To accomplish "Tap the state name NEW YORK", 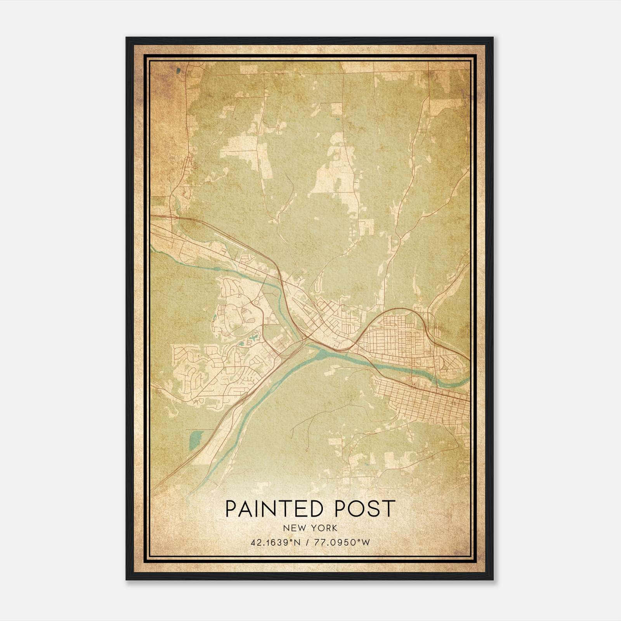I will coord(310,528).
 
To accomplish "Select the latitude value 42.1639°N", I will coord(275,542).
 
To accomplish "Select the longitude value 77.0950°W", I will coord(343,542).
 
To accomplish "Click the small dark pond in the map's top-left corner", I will coord(178,71).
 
